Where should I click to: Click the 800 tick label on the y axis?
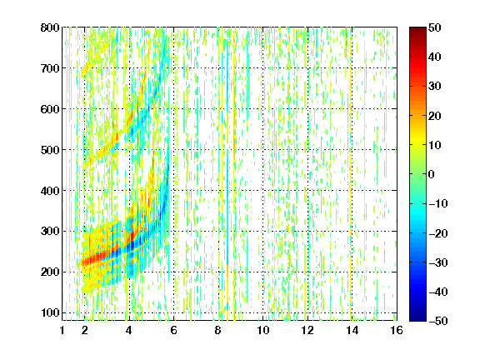(50, 27)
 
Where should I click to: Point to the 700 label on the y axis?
(50, 68)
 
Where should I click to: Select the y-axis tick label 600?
(50, 109)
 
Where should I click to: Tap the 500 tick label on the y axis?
(50, 150)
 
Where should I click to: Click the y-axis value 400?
(50, 191)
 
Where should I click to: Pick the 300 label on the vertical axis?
(50, 232)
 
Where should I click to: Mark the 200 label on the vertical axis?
(50, 272)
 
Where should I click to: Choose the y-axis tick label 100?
(50, 312)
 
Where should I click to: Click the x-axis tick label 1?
(62, 330)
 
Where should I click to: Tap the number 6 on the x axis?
(173, 330)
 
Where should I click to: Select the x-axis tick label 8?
(218, 330)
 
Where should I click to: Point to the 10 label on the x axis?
(262, 330)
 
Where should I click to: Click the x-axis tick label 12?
(307, 330)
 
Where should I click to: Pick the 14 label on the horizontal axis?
(352, 330)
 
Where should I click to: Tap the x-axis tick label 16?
(397, 330)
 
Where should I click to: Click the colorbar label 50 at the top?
(434, 27)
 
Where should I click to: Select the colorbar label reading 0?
(432, 174)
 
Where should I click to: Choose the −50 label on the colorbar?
(437, 321)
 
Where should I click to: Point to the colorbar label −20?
(437, 233)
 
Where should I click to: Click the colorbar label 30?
(434, 87)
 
